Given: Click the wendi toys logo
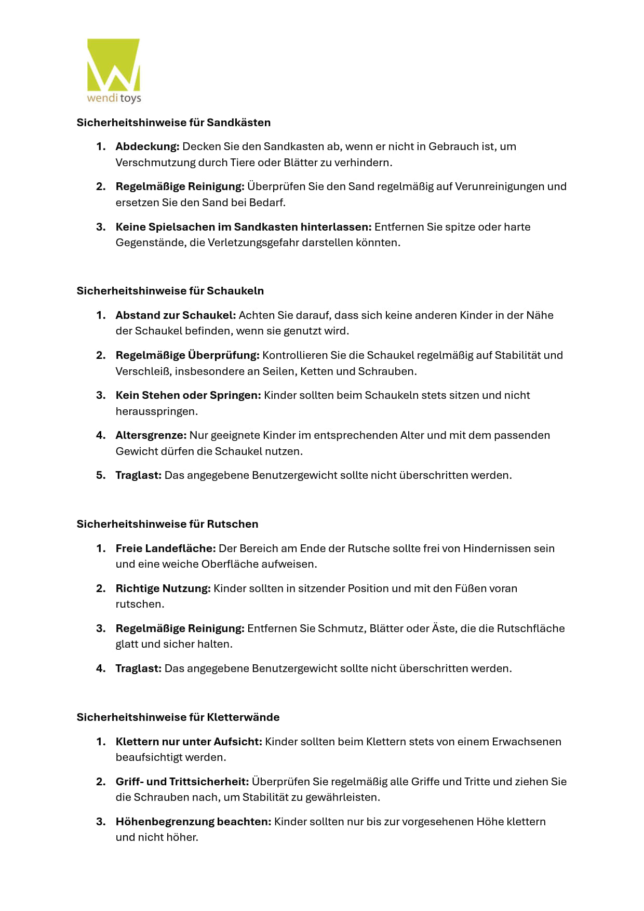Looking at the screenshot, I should pyautogui.click(x=114, y=71).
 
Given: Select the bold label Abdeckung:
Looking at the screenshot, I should pyautogui.click(x=147, y=146).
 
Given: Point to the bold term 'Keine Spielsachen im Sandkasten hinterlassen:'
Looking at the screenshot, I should pyautogui.click(x=243, y=227).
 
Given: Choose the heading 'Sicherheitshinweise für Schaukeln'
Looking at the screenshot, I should pyautogui.click(x=170, y=291).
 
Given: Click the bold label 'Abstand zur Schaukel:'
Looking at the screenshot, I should pyautogui.click(x=176, y=315).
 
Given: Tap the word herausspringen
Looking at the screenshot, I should pyautogui.click(x=156, y=411).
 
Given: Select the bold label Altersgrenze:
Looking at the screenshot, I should pyautogui.click(x=151, y=435).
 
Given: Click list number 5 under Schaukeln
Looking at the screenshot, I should pyautogui.click(x=101, y=475).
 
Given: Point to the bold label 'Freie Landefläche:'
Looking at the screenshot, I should pyautogui.click(x=165, y=548).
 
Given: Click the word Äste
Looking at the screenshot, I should pyautogui.click(x=444, y=628).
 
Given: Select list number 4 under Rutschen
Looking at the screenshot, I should pyautogui.click(x=101, y=668).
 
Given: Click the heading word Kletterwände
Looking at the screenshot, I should pyautogui.click(x=243, y=717).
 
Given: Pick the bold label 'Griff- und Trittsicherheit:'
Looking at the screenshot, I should pyautogui.click(x=182, y=782).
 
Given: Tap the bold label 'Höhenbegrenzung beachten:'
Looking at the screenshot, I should pyautogui.click(x=193, y=822).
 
